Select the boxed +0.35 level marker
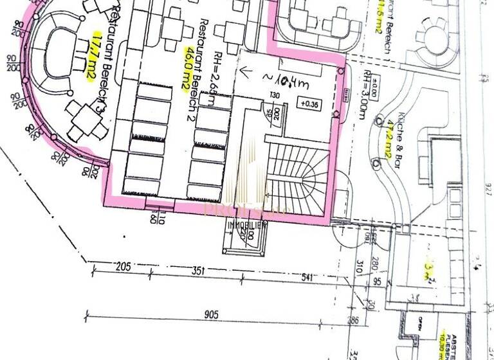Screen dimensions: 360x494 (x=302, y=103)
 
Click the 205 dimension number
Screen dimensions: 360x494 (x=123, y=267)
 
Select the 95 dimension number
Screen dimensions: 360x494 (x=377, y=281)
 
